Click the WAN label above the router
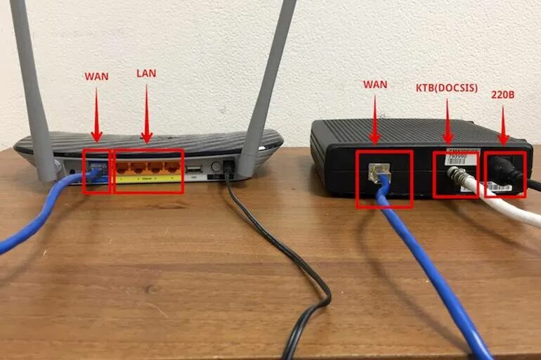pos(96,76)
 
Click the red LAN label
pos(148,74)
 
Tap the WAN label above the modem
pos(375,84)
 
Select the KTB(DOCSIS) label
pos(447,88)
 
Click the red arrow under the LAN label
pos(148,112)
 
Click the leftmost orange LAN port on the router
pos(125,169)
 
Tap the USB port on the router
pos(195,169)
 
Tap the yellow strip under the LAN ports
pos(148,180)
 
